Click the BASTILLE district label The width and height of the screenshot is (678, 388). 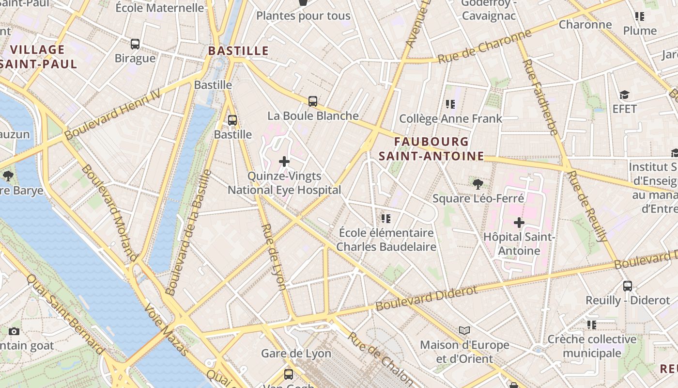click(x=238, y=51)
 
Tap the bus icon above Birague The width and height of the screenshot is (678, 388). click(x=135, y=44)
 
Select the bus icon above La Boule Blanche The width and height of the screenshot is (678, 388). click(x=313, y=101)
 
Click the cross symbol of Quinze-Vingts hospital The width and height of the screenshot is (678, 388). click(x=284, y=162)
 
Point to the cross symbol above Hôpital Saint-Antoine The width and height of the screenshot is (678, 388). click(x=519, y=223)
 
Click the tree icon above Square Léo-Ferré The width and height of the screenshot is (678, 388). click(x=478, y=184)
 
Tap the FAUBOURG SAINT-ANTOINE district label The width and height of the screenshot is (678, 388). click(x=431, y=149)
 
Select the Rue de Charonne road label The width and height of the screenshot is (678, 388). click(x=484, y=47)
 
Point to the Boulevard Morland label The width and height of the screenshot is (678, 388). click(x=109, y=212)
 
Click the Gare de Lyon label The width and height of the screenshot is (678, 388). click(x=296, y=354)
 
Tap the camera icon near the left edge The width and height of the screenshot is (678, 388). click(x=14, y=331)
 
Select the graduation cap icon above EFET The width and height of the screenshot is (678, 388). click(x=624, y=95)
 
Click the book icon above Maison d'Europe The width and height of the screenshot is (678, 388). click(x=464, y=330)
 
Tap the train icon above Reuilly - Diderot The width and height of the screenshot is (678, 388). click(x=628, y=286)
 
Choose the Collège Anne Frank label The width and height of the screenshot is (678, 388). click(x=450, y=119)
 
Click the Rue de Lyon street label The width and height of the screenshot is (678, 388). click(x=274, y=257)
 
